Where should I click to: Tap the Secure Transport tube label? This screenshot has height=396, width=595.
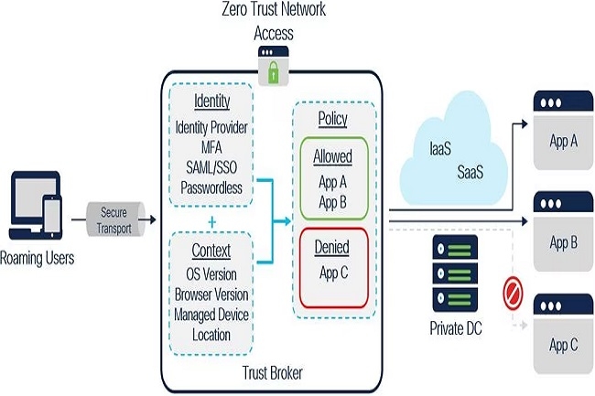[114, 219]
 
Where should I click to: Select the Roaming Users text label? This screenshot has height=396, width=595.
[38, 258]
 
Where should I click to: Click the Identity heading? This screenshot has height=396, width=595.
[212, 101]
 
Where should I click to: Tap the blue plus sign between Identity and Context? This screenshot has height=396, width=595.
[212, 220]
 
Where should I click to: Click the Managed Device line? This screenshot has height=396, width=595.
[211, 316]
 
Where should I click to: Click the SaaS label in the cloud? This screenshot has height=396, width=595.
[470, 171]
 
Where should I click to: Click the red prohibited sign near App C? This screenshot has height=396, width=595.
[512, 293]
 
